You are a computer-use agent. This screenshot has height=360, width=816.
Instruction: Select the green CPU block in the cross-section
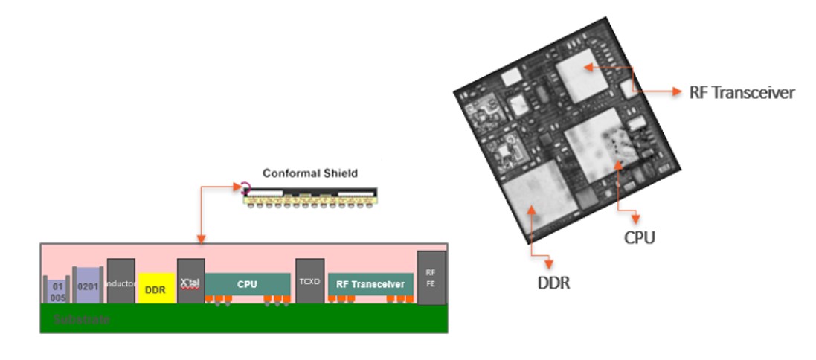pyautogui.click(x=247, y=284)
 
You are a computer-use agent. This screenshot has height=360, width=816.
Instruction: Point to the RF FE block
pyautogui.click(x=431, y=277)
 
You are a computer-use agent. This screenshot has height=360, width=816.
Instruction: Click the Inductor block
pyautogui.click(x=121, y=282)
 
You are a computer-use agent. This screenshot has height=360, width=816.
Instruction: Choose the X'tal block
pyautogui.click(x=190, y=282)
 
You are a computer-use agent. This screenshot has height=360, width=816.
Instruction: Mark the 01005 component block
pyautogui.click(x=57, y=291)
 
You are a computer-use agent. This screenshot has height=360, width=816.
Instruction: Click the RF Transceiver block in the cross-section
pyautogui.click(x=370, y=284)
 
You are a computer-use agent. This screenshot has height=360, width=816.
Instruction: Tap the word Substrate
pyautogui.click(x=82, y=320)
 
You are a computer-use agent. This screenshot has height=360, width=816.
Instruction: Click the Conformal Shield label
pyautogui.click(x=310, y=173)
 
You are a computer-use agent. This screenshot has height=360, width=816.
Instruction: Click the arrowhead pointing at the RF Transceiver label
pyautogui.click(x=675, y=91)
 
